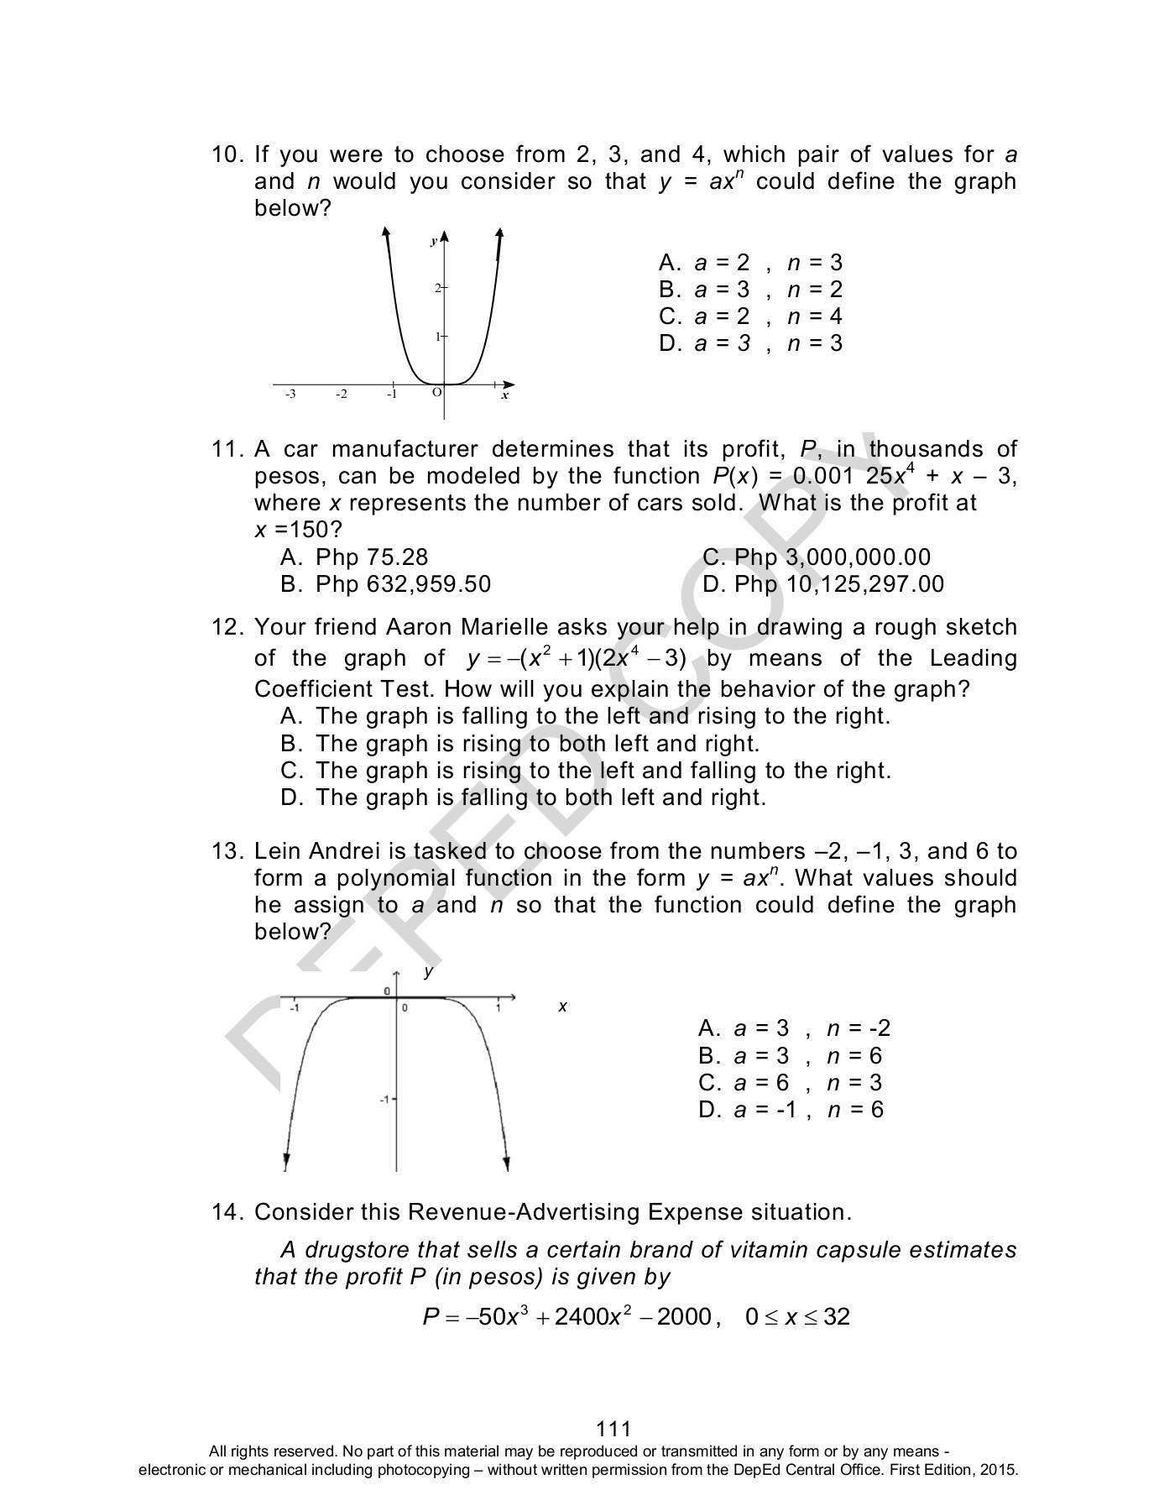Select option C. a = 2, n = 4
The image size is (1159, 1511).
pyautogui.click(x=750, y=316)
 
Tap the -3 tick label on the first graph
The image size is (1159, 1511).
pyautogui.click(x=290, y=394)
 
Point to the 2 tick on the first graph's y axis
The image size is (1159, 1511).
pyautogui.click(x=438, y=288)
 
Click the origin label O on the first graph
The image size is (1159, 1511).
pyautogui.click(x=436, y=392)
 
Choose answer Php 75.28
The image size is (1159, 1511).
pyautogui.click(x=371, y=557)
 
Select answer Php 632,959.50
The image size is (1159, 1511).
pyautogui.click(x=403, y=584)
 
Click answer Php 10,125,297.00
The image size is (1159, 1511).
pyautogui.click(x=838, y=584)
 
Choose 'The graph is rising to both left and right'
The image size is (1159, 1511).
pyautogui.click(x=537, y=744)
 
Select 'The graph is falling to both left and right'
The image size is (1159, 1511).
pyautogui.click(x=540, y=797)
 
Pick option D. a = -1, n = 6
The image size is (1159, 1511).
pyautogui.click(x=791, y=1110)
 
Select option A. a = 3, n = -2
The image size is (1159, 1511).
pyautogui.click(x=793, y=1029)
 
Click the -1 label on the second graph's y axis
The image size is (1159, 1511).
pyautogui.click(x=384, y=1099)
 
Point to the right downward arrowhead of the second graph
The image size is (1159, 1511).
pyautogui.click(x=506, y=1163)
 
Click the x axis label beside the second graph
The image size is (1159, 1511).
pyautogui.click(x=563, y=1006)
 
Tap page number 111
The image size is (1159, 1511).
pyautogui.click(x=613, y=1429)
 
